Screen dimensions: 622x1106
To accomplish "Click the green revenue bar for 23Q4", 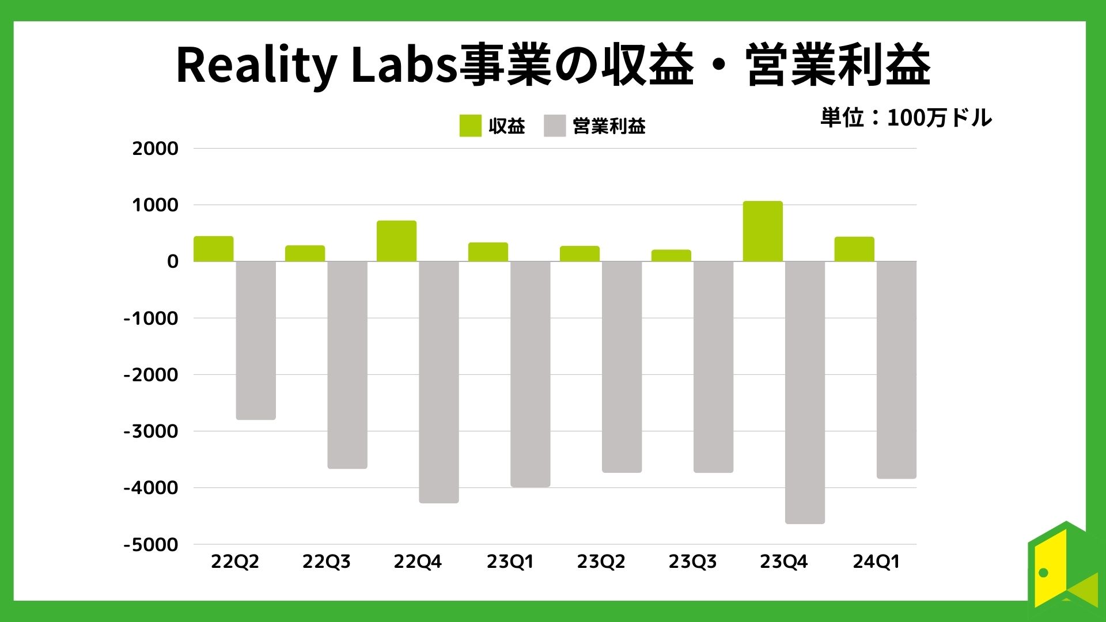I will click(763, 232).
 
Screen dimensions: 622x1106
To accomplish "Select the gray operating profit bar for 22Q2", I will click(256, 340).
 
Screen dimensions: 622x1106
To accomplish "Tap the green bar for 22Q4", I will click(396, 241).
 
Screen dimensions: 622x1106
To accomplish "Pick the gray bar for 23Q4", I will click(805, 392).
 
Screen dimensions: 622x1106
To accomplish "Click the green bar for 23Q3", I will click(671, 256).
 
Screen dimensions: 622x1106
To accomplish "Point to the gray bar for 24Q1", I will click(896, 369).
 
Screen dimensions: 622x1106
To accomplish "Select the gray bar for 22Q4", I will click(439, 381).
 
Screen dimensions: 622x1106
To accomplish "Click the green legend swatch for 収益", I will click(470, 126).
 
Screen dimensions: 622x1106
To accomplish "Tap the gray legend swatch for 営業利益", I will click(555, 126).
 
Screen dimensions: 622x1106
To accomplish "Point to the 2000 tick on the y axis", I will click(156, 149).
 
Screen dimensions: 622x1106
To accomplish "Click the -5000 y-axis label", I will click(151, 544).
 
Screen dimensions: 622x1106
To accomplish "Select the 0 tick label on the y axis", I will click(172, 261).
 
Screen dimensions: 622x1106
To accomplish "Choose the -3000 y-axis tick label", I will click(151, 431).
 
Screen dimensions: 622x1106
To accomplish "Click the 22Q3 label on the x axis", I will click(326, 562).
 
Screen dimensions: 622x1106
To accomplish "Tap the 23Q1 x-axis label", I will click(510, 562).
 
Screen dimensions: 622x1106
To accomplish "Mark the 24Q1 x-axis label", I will click(876, 562).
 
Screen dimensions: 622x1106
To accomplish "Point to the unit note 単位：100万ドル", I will click(906, 118).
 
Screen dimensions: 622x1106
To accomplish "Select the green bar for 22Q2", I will click(213, 249).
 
